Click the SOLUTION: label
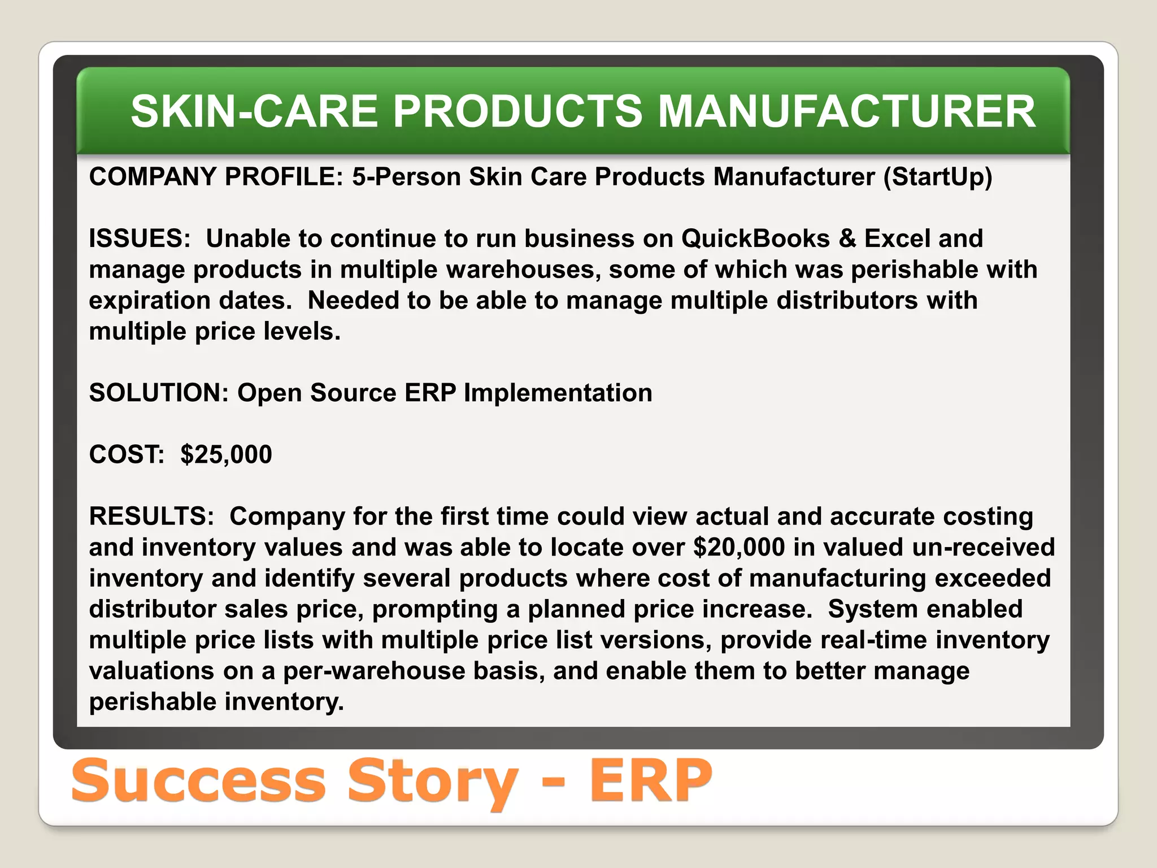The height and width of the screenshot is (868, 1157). [159, 393]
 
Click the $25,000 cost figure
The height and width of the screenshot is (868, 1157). [226, 454]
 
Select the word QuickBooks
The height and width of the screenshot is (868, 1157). [755, 238]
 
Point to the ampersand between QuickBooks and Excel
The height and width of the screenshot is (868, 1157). [847, 238]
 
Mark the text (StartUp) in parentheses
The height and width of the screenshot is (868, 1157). [938, 177]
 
